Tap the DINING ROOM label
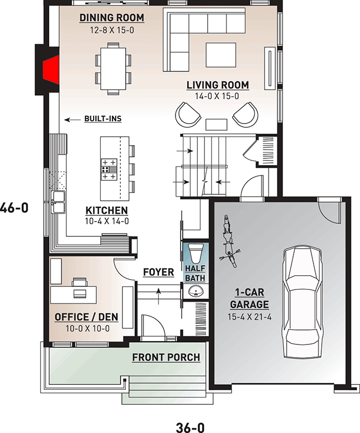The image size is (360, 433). [111, 18]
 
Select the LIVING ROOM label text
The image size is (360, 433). [217, 85]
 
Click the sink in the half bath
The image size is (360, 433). [194, 291]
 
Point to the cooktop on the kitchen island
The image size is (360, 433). [109, 169]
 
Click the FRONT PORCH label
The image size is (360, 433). [166, 357]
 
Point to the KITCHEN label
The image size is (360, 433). [106, 210]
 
